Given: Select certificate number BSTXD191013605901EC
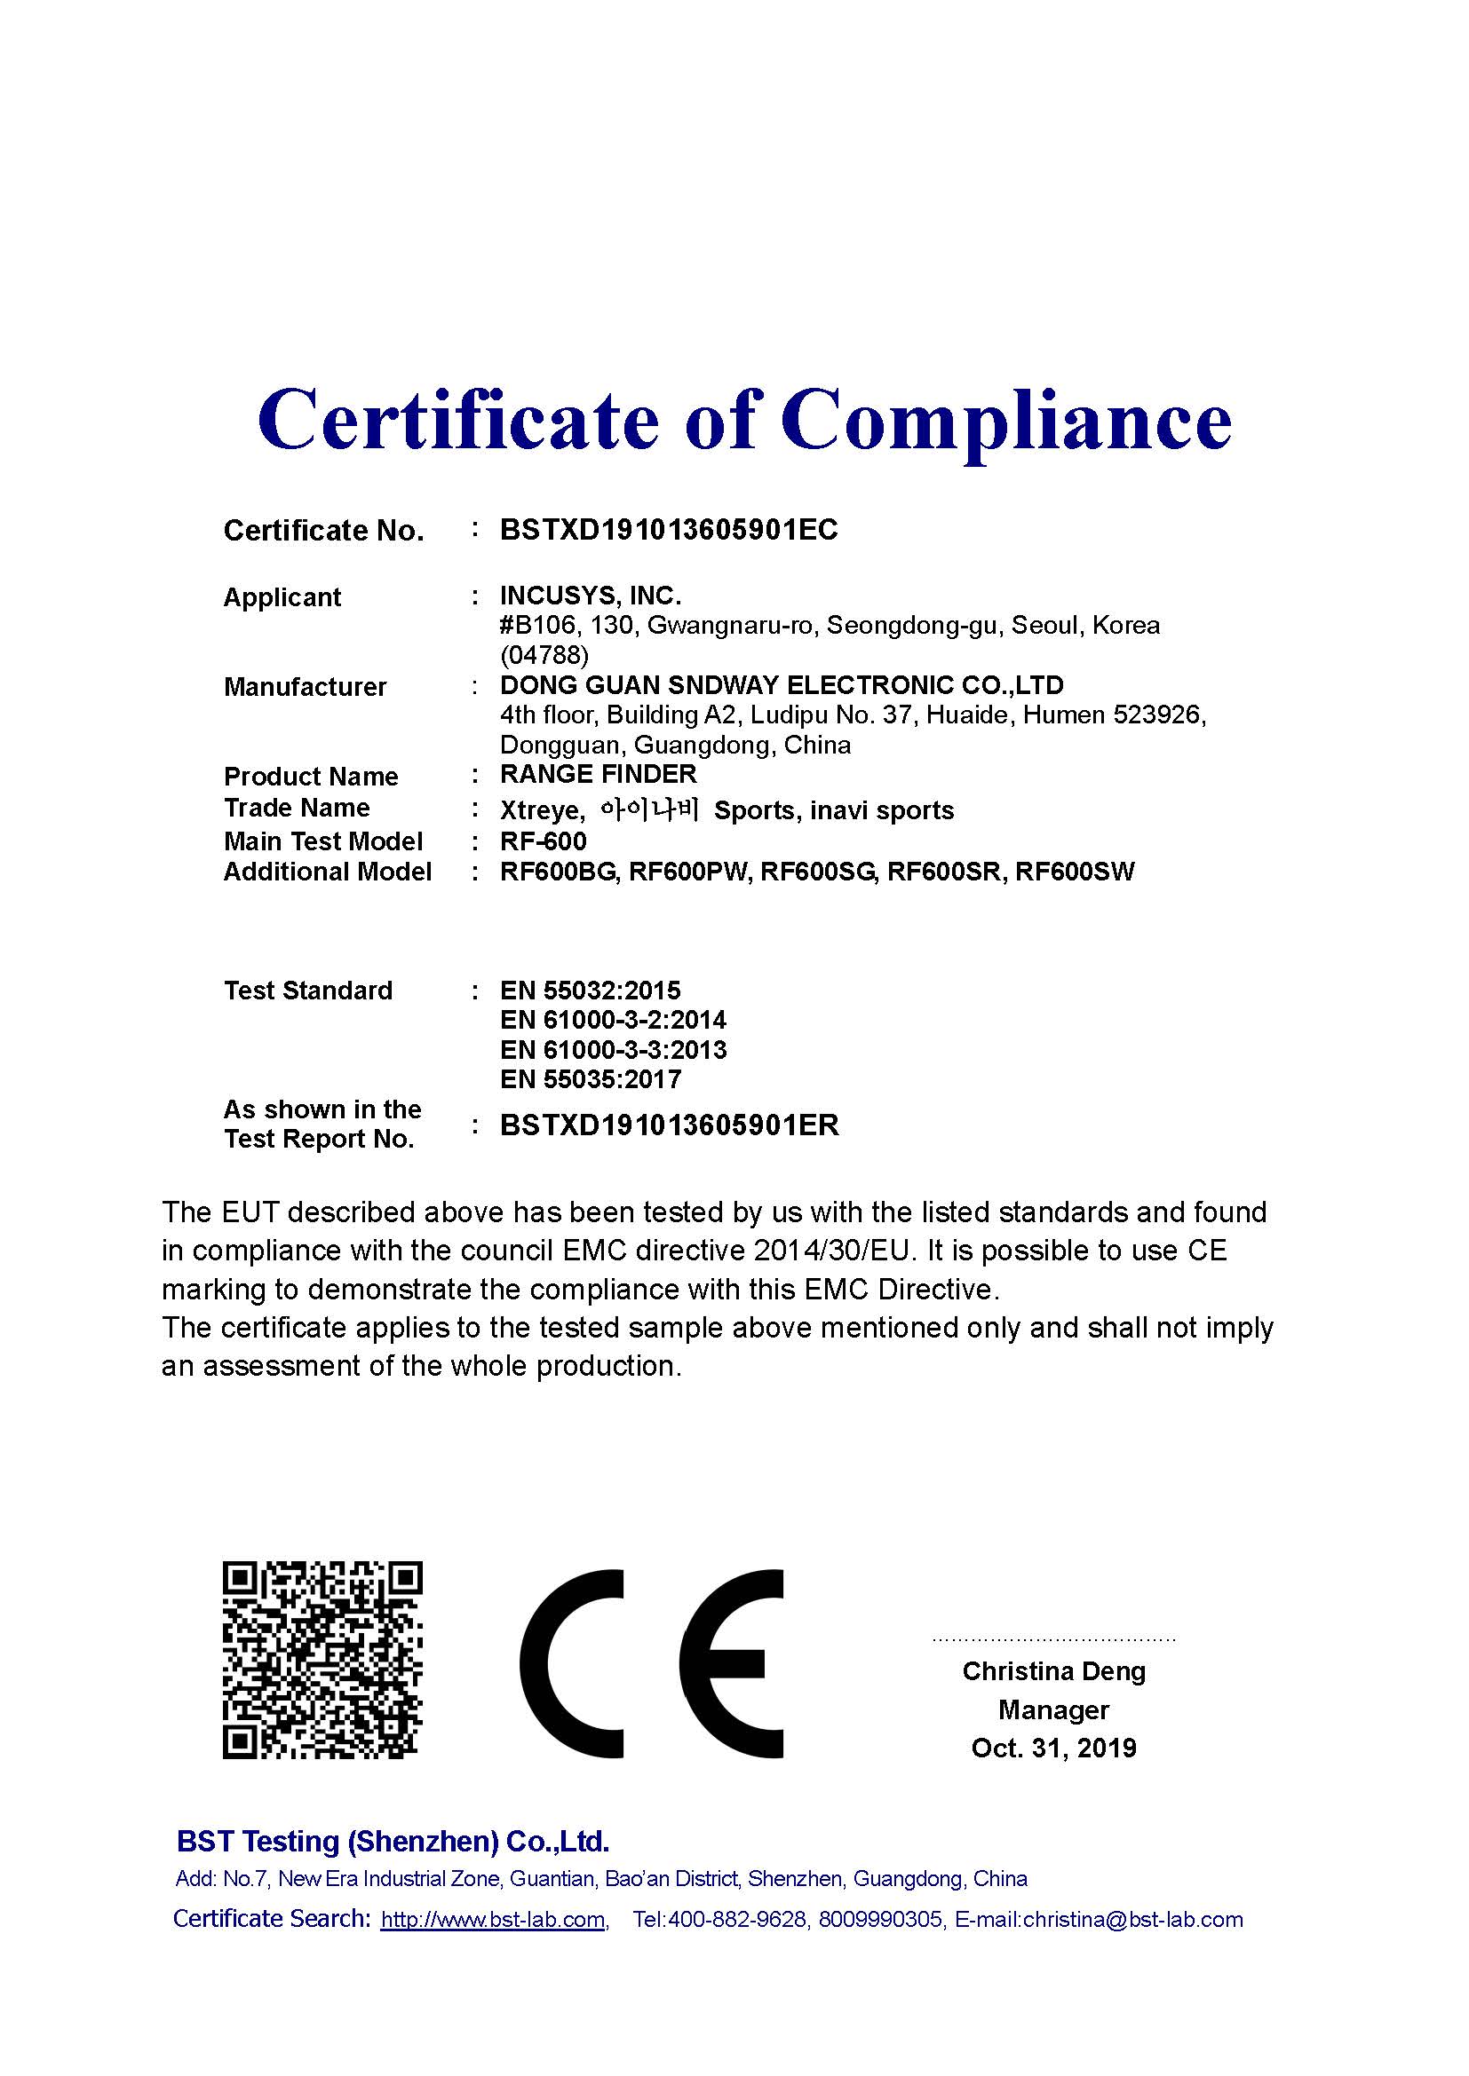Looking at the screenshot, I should (x=669, y=530).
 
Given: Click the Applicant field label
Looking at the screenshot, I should (x=282, y=597).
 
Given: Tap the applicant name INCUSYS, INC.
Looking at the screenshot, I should (x=590, y=596).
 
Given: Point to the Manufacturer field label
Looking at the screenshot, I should (x=305, y=687).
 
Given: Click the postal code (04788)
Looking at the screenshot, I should (x=544, y=655).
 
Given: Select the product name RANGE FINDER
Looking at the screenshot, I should (x=598, y=774).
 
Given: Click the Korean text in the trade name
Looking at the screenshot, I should (x=649, y=809).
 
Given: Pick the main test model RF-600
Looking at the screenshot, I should (x=543, y=841).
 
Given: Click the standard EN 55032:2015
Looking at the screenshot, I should (x=590, y=991).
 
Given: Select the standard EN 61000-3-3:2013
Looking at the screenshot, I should (x=613, y=1050).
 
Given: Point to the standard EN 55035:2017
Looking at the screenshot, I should (x=590, y=1078).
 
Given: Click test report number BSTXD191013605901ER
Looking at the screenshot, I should (x=670, y=1125).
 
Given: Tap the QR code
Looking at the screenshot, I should (x=322, y=1660).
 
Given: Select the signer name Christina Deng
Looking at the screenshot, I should (x=1054, y=1671).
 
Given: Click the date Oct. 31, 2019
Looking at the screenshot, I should (x=1054, y=1748).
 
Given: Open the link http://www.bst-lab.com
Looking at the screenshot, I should (x=493, y=1920).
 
